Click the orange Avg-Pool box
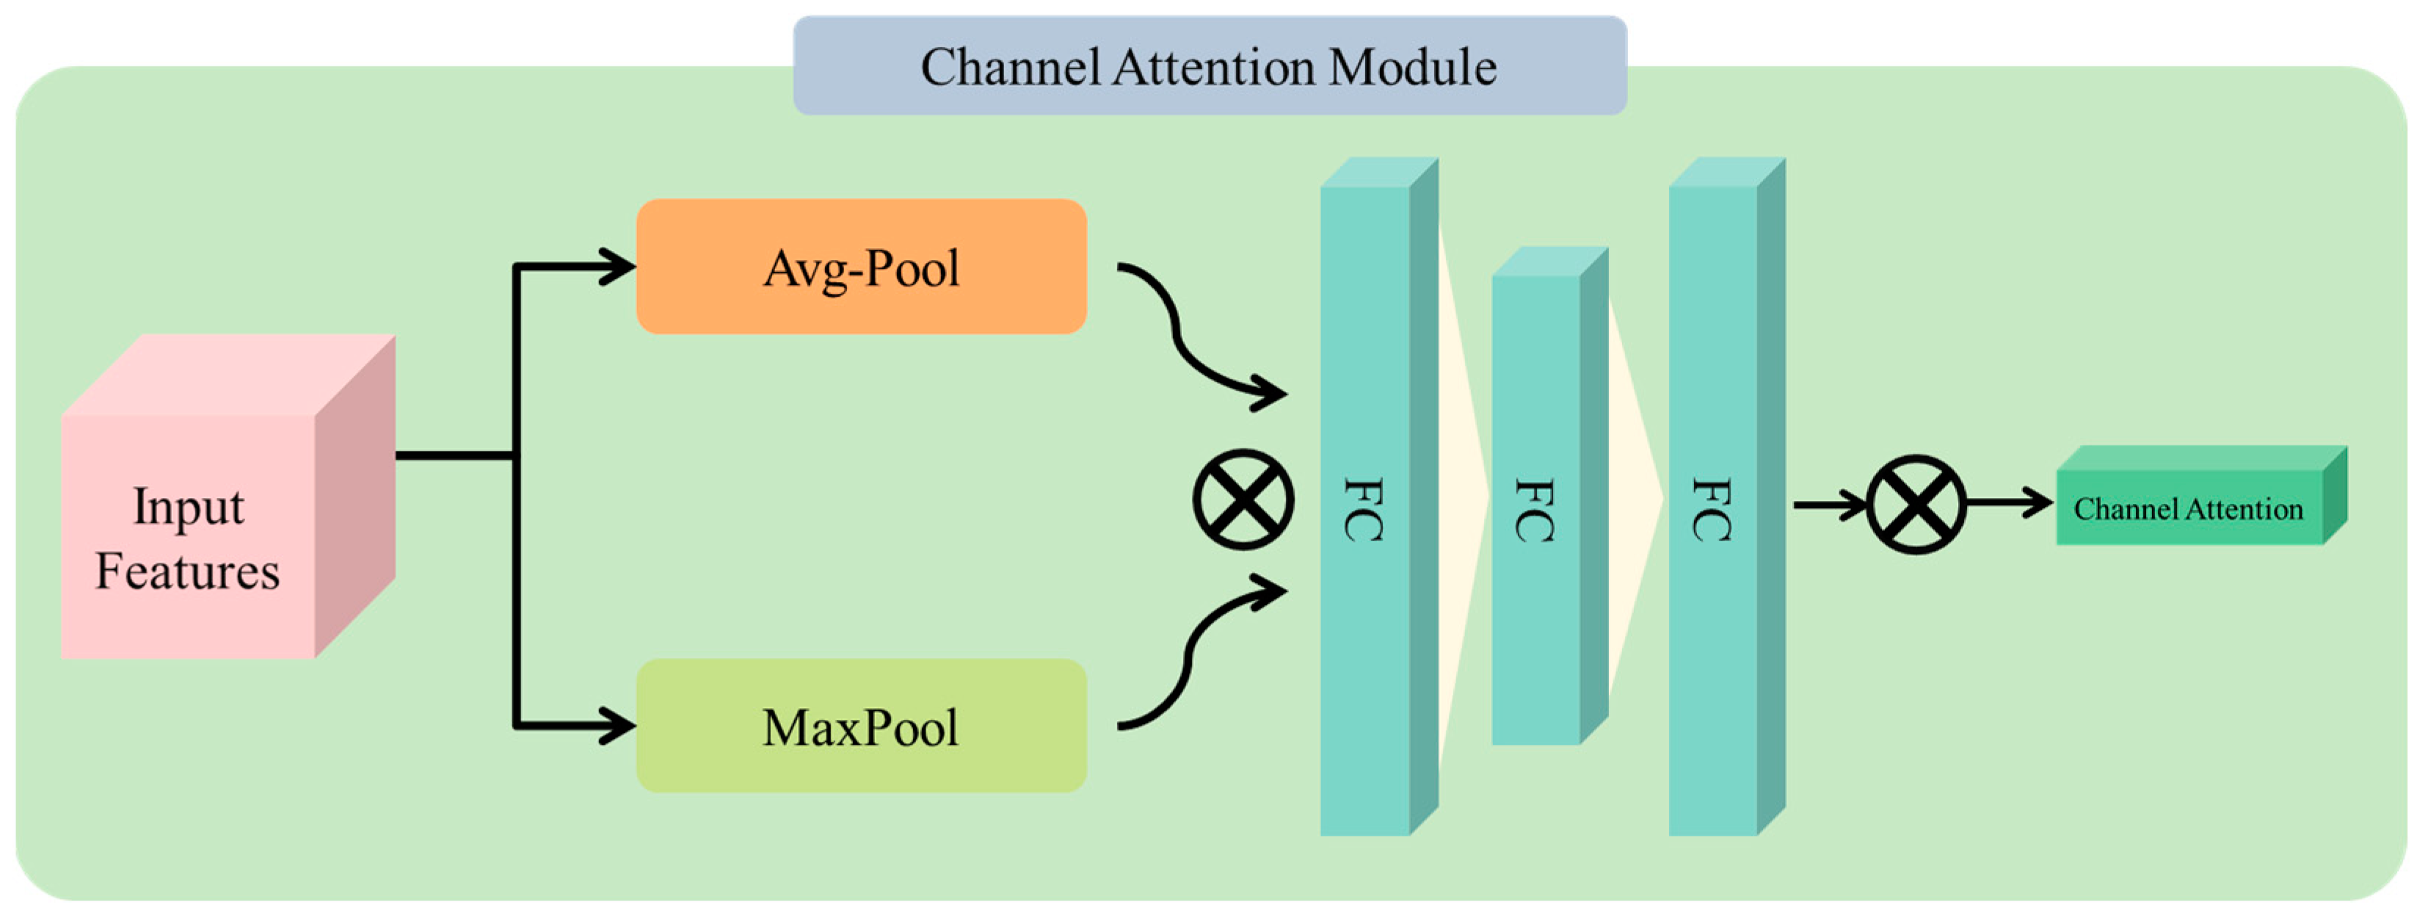[860, 266]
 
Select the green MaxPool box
[860, 726]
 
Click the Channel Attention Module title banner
[1210, 66]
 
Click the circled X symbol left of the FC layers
[1243, 499]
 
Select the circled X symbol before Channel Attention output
[1916, 505]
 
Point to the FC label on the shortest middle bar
[1535, 510]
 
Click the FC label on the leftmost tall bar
[1364, 510]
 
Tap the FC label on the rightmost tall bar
[1712, 510]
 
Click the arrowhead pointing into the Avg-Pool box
[617, 267]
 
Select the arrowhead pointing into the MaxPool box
[617, 726]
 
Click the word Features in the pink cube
[188, 571]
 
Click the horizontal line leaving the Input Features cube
[452, 456]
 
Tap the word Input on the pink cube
[188, 508]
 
